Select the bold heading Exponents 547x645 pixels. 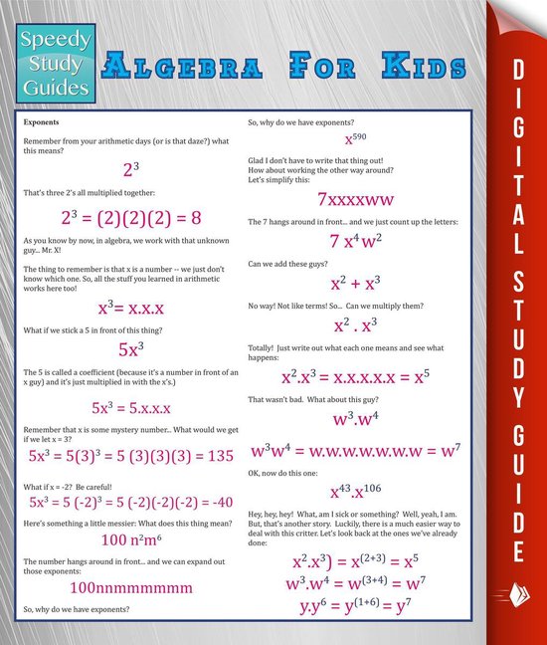(41, 121)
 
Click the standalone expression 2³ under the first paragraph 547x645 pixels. (131, 169)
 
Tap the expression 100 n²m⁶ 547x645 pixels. (132, 540)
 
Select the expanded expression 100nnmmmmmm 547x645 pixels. (131, 587)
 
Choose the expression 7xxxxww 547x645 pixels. (355, 198)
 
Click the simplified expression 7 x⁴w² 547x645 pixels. (355, 241)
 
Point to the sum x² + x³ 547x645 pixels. (355, 286)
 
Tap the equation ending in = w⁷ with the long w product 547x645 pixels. (355, 448)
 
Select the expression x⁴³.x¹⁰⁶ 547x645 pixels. (355, 492)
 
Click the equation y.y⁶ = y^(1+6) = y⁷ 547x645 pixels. (355, 604)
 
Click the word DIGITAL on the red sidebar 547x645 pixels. (517, 129)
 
